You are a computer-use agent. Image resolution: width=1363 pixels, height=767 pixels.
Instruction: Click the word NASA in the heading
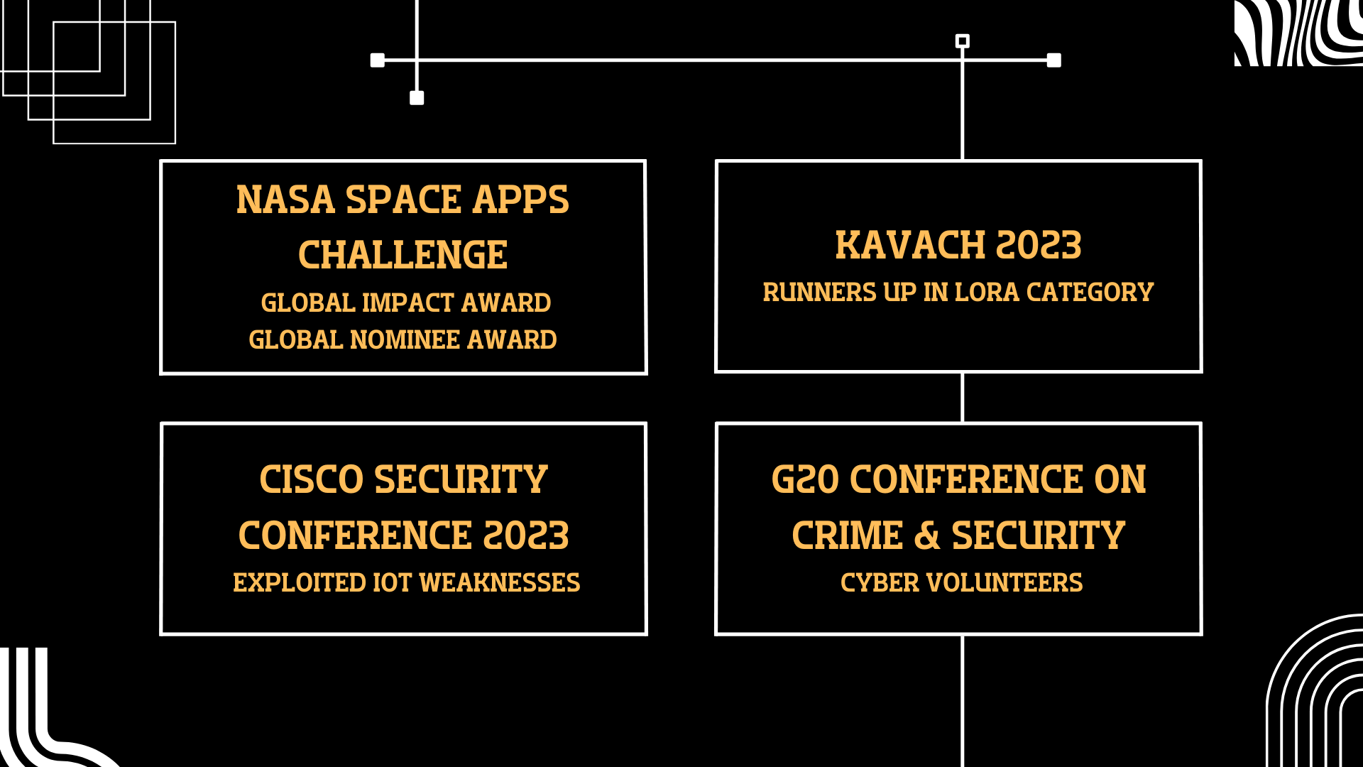pyautogui.click(x=285, y=200)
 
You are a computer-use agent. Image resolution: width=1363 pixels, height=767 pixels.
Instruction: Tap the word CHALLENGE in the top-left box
pyautogui.click(x=403, y=255)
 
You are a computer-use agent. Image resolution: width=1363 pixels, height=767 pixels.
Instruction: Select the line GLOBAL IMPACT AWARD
pyautogui.click(x=405, y=303)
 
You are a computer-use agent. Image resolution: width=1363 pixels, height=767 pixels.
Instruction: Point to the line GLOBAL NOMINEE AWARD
pyautogui.click(x=403, y=340)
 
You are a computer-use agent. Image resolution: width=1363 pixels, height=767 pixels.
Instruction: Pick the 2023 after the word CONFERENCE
pyautogui.click(x=526, y=536)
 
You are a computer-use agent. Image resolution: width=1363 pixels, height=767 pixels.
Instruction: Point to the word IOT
pyautogui.click(x=392, y=583)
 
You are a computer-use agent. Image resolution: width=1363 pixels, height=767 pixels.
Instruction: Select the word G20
pyautogui.click(x=805, y=480)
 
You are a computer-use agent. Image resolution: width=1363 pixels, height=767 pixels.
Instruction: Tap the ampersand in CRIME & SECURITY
pyautogui.click(x=927, y=536)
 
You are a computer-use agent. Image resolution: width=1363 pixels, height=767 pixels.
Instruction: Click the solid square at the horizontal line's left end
pyautogui.click(x=378, y=60)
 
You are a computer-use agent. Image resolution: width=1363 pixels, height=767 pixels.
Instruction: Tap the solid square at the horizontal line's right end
pyautogui.click(x=1054, y=60)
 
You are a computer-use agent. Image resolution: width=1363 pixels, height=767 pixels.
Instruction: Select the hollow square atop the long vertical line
pyautogui.click(x=963, y=41)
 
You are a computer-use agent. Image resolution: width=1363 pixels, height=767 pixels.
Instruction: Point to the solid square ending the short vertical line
pyautogui.click(x=417, y=98)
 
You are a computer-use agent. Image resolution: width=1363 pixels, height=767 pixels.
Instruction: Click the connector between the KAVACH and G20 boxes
pyautogui.click(x=963, y=398)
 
